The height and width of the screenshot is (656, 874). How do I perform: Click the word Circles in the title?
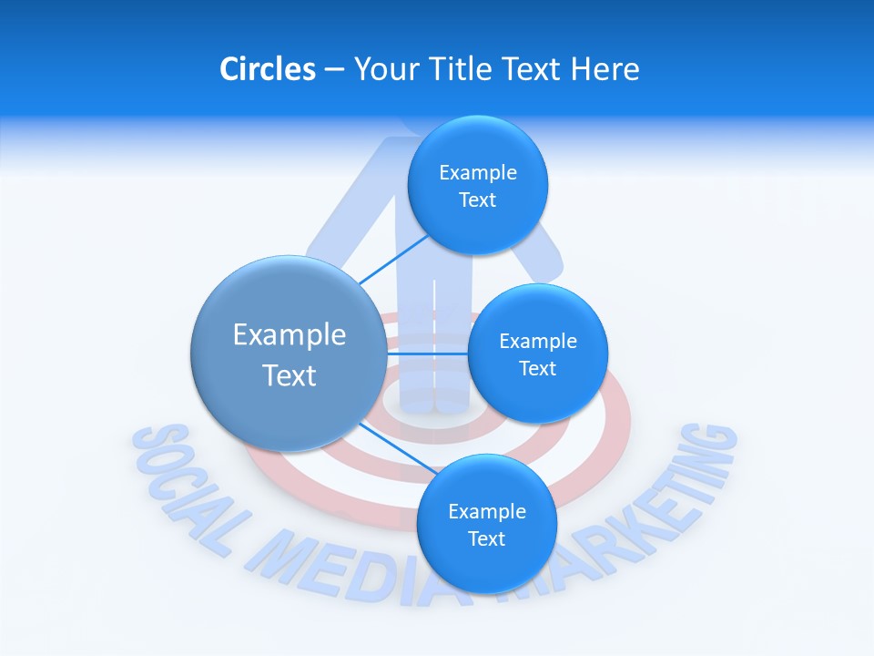pos(268,69)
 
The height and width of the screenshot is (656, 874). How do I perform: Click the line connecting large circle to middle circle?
pos(428,353)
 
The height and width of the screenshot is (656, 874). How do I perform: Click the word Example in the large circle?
pos(289,334)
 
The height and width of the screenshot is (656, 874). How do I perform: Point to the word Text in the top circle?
pos(477,200)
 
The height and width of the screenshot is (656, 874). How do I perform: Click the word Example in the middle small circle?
pos(537,342)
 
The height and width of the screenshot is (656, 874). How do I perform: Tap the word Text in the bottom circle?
pos(486,538)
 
